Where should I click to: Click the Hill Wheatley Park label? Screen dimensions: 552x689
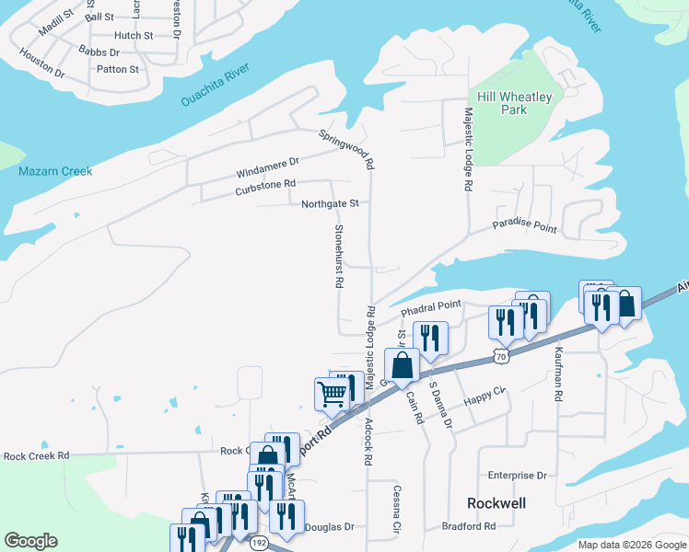point(501,103)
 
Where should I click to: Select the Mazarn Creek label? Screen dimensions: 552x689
point(55,171)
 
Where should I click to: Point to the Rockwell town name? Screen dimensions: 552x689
point(496,503)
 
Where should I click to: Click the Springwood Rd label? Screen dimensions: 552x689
point(346,149)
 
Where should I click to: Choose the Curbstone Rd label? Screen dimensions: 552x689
point(265,187)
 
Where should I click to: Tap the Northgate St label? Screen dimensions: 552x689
point(329,203)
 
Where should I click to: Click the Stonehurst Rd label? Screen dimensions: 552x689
point(338,257)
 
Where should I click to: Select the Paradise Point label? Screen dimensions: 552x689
point(524,225)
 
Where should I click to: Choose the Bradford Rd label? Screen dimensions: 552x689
point(469,526)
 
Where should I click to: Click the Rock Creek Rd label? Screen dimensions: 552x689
point(36,455)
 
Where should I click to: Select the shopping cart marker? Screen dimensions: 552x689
point(331,394)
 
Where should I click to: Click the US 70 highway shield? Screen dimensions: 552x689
point(500,355)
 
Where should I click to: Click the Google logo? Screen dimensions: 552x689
point(30,541)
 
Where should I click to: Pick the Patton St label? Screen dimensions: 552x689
point(118,69)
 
